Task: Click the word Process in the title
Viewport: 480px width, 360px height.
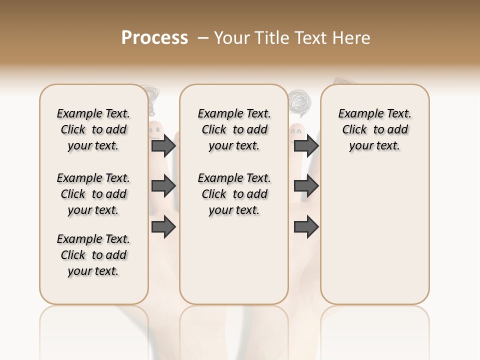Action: coord(154,37)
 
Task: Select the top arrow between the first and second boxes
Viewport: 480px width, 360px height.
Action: coord(163,146)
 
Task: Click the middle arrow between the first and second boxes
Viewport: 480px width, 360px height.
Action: coord(163,186)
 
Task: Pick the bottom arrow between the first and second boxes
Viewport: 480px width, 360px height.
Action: coord(163,227)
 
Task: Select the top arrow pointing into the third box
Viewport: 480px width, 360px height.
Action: coord(306,146)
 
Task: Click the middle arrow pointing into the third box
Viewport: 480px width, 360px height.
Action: coord(306,186)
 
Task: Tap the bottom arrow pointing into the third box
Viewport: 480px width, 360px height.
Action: coord(306,227)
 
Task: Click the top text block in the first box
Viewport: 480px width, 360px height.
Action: coord(93,129)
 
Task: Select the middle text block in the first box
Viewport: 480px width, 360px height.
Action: coord(93,194)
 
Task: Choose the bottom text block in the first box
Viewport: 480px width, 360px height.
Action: coord(93,255)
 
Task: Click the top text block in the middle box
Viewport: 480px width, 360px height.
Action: coord(234,129)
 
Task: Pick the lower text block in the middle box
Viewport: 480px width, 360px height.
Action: coord(234,194)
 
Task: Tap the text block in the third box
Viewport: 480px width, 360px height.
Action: coord(374,129)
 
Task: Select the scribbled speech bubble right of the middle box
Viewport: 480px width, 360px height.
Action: coord(299,103)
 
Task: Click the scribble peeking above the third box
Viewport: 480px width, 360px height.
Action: coord(342,81)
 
